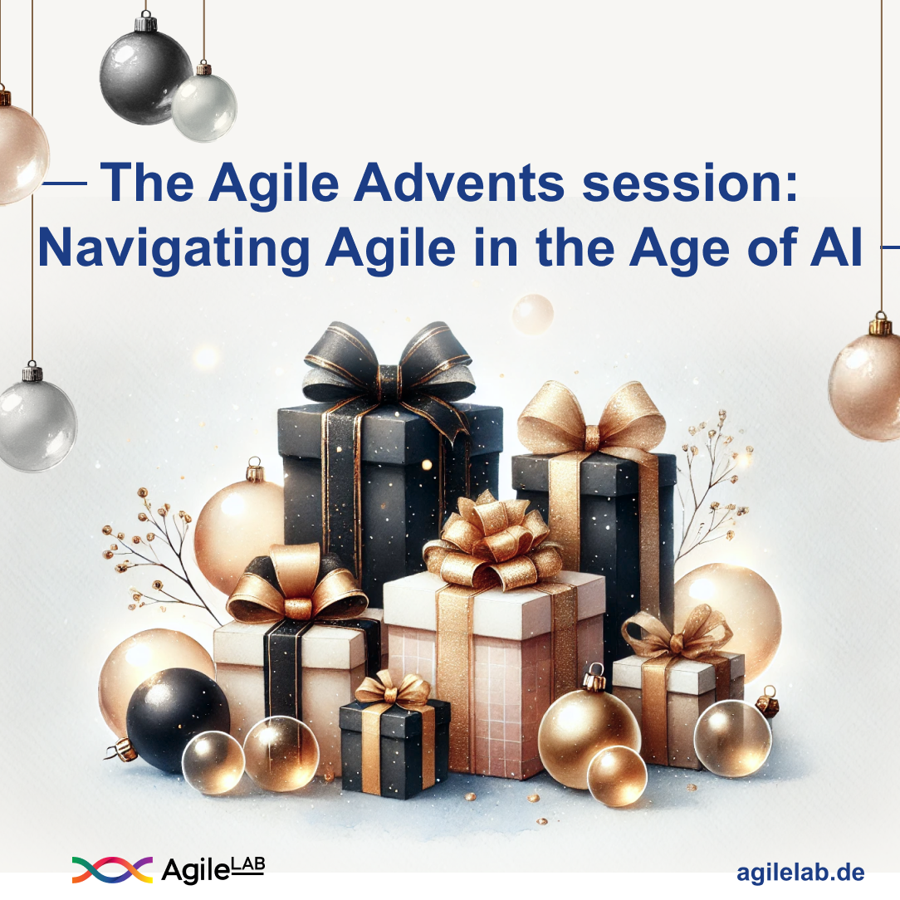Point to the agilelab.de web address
(800, 873)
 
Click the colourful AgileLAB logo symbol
(112, 869)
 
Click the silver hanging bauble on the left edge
(35, 424)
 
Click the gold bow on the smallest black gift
(393, 689)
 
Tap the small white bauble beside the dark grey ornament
(203, 105)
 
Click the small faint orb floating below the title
(532, 314)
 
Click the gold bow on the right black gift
(590, 419)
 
